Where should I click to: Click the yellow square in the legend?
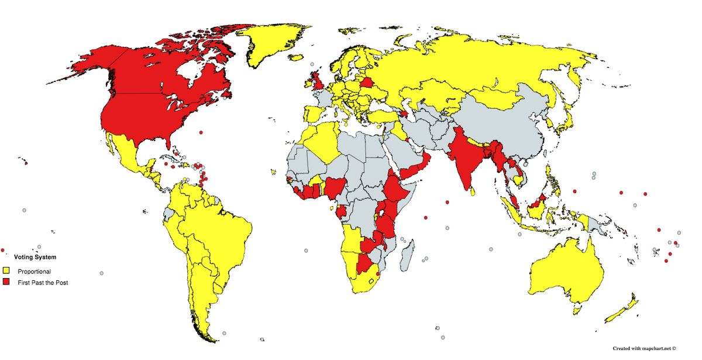click(x=6, y=271)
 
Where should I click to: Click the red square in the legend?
click(x=6, y=282)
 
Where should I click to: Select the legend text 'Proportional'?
click(x=34, y=272)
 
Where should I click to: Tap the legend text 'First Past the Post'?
click(x=43, y=283)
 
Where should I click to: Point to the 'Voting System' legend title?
click(x=35, y=257)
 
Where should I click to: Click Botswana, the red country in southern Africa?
click(x=367, y=264)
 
